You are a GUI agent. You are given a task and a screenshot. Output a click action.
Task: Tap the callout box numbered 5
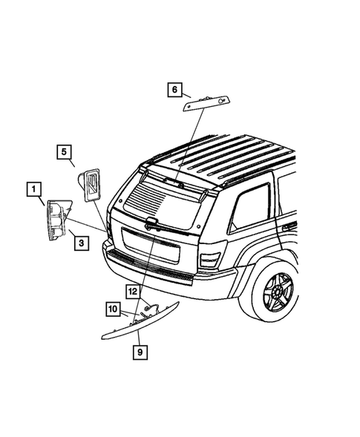pyautogui.click(x=65, y=153)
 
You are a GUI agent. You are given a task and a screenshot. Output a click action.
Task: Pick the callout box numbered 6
pyautogui.click(x=174, y=90)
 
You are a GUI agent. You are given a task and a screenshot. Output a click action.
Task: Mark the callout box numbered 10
pyautogui.click(x=112, y=307)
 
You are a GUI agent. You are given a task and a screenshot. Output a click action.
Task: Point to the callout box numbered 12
pyautogui.click(x=131, y=292)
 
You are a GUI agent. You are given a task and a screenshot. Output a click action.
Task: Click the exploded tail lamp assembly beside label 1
pyautogui.click(x=58, y=220)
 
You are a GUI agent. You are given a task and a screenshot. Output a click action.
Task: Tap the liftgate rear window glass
pyautogui.click(x=165, y=200)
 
